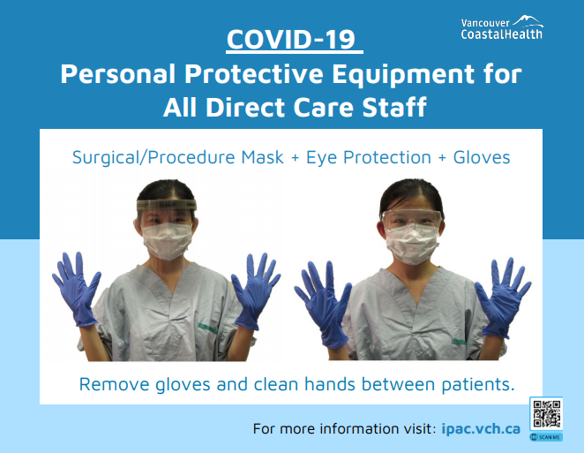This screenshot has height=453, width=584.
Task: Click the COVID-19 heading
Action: [291, 39]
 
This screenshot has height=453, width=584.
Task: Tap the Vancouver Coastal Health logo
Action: [502, 27]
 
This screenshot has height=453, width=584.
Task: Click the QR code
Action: [546, 413]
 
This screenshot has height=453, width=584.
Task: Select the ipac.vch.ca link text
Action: [481, 428]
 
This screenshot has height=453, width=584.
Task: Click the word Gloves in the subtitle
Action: [481, 157]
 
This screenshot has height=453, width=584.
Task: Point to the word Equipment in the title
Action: [403, 74]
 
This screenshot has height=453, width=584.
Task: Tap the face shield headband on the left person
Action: [167, 205]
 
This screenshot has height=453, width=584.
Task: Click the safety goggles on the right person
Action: [411, 219]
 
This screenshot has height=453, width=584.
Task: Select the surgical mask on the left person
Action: [168, 241]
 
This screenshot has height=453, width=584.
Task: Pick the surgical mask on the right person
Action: [412, 245]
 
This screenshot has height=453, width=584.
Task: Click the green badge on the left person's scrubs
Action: [207, 328]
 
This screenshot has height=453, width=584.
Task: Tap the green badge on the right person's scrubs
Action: [459, 341]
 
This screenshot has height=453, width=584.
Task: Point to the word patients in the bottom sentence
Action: [478, 385]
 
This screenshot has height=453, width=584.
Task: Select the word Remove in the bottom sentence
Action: [115, 384]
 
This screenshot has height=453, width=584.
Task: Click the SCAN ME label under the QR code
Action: [546, 437]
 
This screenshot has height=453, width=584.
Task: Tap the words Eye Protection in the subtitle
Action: [369, 157]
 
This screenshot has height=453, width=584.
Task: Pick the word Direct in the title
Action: [245, 108]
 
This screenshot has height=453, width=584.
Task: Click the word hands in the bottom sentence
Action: [330, 383]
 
